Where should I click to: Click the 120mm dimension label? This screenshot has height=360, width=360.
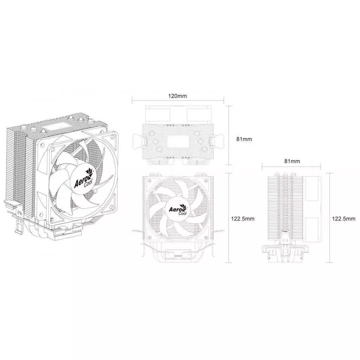point(178,96)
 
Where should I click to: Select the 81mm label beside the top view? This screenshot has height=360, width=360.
point(244,139)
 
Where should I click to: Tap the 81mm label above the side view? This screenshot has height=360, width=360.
point(292,161)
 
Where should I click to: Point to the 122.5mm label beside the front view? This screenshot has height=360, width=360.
point(242,218)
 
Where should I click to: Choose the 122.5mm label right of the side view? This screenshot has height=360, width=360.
point(343,218)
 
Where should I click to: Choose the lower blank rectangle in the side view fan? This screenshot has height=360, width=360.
point(312,229)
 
